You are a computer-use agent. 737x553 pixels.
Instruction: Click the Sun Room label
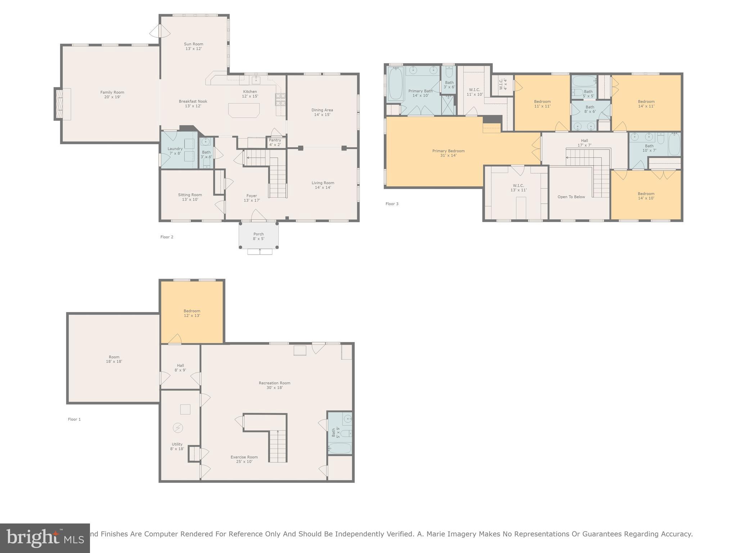click(x=194, y=46)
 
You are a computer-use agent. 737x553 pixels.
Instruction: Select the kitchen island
click(x=244, y=110)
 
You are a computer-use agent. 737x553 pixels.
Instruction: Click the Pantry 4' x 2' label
click(x=275, y=143)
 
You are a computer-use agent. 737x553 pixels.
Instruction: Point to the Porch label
click(x=258, y=236)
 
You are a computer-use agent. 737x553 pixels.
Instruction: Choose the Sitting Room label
click(x=190, y=197)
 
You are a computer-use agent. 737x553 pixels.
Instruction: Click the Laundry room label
click(x=175, y=151)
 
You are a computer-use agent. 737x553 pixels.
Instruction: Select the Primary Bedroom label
click(x=448, y=153)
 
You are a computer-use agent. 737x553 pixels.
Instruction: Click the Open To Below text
click(x=571, y=197)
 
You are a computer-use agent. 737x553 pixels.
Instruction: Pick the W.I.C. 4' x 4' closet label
click(x=503, y=84)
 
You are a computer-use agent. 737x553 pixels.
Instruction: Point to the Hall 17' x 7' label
click(x=584, y=143)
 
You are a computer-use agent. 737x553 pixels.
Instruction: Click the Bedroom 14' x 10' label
click(x=646, y=196)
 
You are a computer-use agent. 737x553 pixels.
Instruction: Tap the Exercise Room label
click(x=244, y=459)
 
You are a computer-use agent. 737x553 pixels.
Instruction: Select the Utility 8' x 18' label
click(x=177, y=446)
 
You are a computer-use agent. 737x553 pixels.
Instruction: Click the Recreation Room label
click(x=274, y=385)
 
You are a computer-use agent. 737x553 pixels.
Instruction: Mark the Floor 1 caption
click(x=74, y=419)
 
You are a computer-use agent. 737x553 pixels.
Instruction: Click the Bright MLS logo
click(x=45, y=538)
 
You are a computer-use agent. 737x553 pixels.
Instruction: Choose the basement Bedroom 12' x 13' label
click(x=192, y=313)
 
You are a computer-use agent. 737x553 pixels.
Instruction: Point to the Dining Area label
click(x=322, y=112)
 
